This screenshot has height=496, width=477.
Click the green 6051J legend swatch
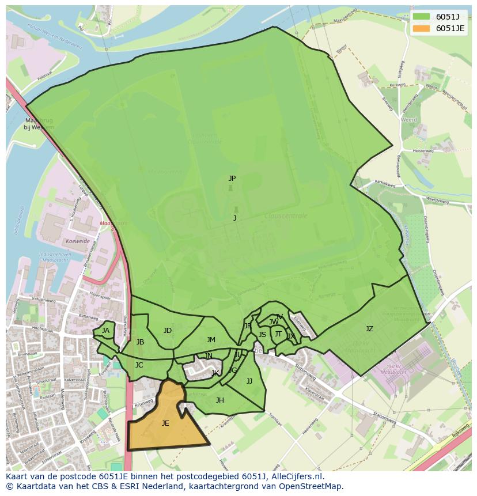click(421, 17)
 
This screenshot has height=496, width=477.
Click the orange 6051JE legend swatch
click(421, 28)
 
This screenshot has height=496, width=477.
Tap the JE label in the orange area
click(165, 423)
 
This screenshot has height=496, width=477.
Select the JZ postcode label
click(369, 329)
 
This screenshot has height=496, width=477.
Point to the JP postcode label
click(232, 179)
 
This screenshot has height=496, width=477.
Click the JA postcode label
click(105, 331)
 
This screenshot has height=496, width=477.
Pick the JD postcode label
click(167, 331)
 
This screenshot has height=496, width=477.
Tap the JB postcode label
click(140, 342)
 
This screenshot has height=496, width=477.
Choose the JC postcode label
click(139, 365)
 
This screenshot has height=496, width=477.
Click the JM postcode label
click(211, 340)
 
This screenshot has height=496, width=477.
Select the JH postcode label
click(219, 400)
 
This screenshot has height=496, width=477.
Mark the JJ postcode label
click(249, 381)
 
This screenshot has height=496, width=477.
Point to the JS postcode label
click(262, 335)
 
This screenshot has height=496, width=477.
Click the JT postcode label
click(278, 334)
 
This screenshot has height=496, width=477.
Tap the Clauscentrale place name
click(286, 216)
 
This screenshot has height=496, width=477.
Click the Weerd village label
click(410, 120)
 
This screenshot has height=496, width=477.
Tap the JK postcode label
click(215, 373)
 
